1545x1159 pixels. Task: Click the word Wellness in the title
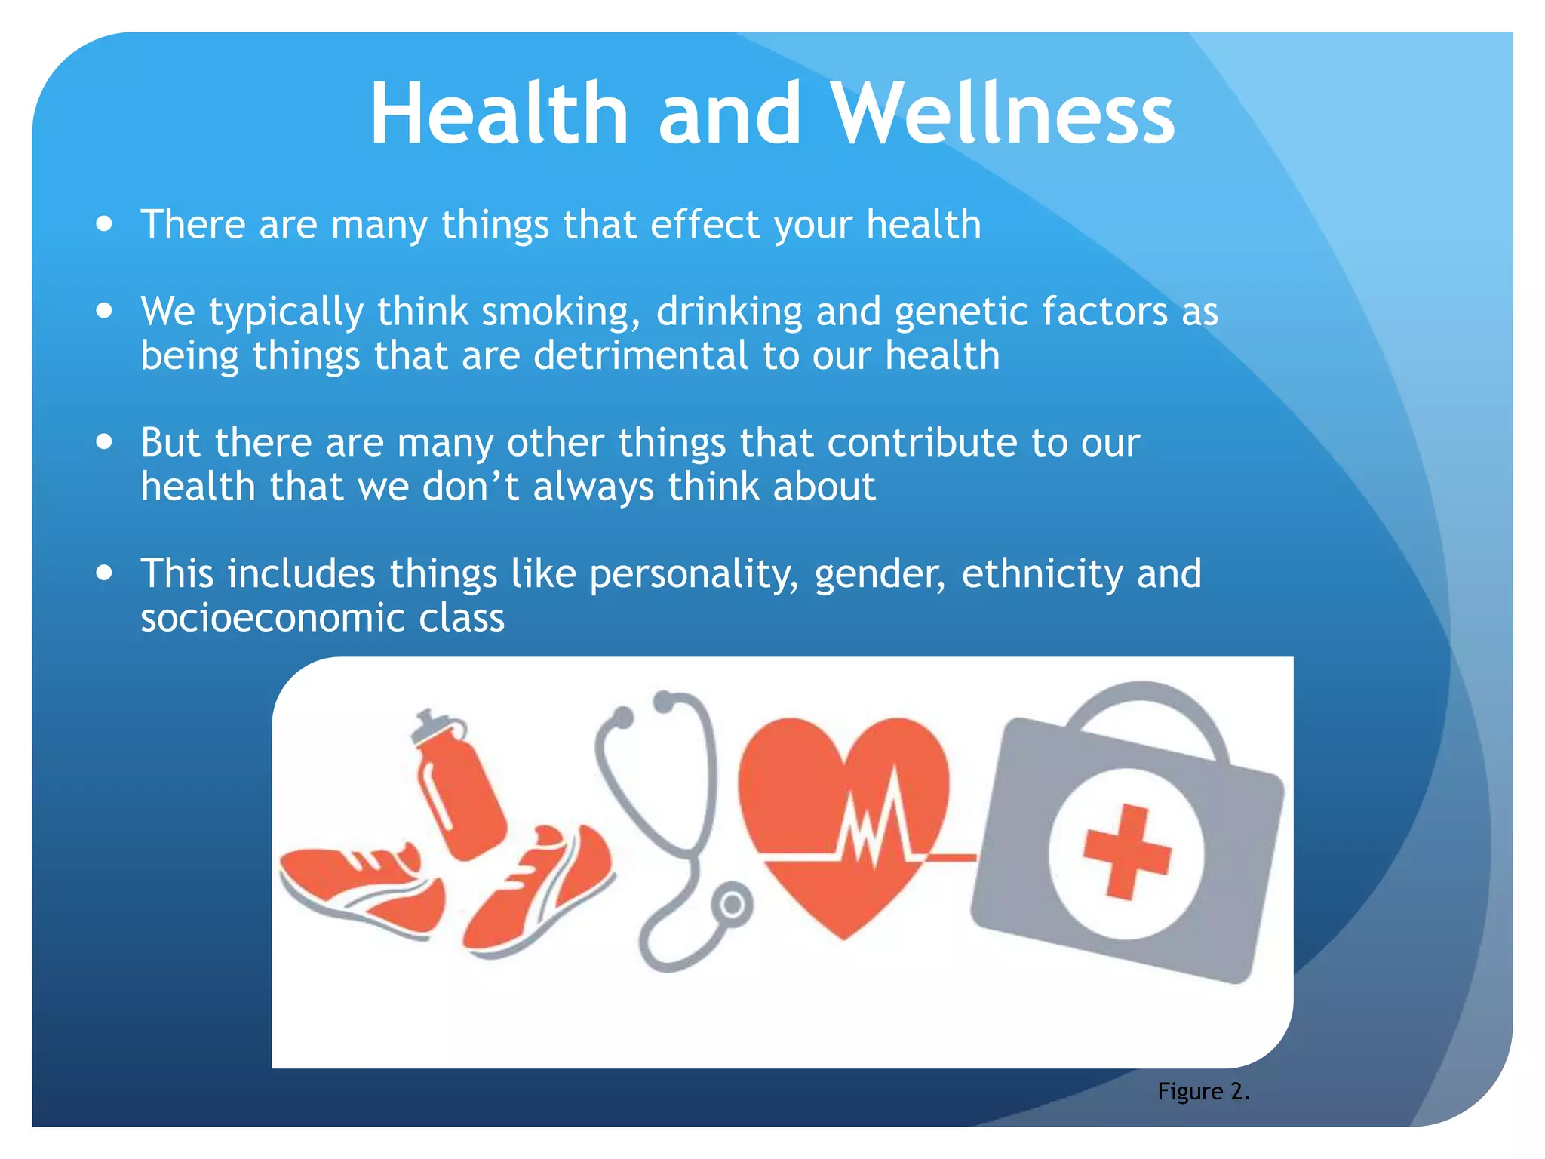[1003, 113]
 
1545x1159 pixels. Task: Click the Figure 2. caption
[1203, 1091]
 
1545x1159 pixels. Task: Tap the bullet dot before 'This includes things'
[105, 573]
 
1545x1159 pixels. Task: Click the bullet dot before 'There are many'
[105, 224]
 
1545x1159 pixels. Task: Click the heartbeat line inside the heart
[875, 830]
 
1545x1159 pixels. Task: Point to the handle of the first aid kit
[1146, 706]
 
